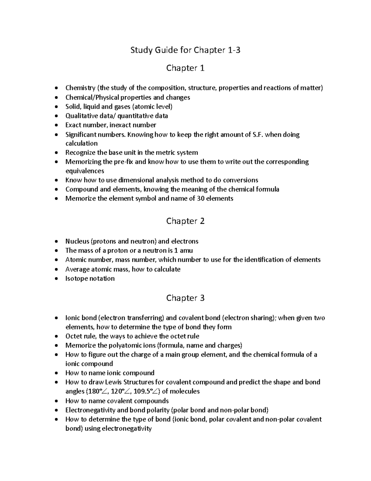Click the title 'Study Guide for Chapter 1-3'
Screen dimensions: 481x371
point(185,50)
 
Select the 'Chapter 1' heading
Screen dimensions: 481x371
point(185,68)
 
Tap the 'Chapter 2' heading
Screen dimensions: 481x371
point(185,221)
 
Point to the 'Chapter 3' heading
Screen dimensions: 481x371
point(185,298)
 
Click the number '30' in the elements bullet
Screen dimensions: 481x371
point(200,199)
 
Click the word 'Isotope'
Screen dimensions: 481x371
point(76,278)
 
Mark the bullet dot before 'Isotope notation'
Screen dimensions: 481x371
point(56,279)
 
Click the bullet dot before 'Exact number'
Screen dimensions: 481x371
point(56,125)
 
